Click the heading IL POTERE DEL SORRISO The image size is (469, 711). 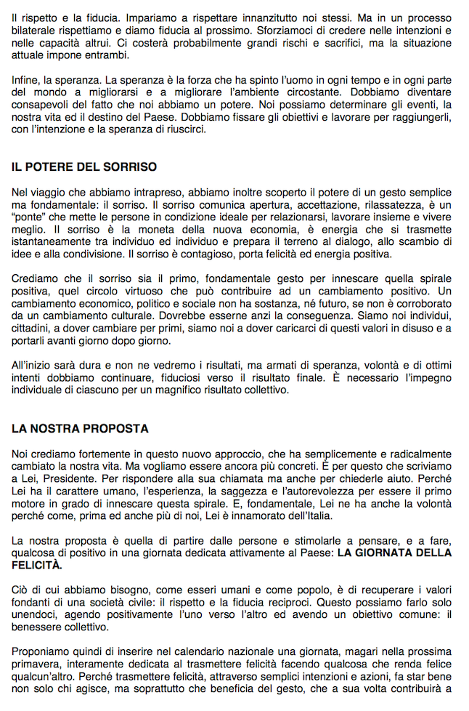click(84, 167)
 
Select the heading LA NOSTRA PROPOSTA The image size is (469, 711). click(80, 428)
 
